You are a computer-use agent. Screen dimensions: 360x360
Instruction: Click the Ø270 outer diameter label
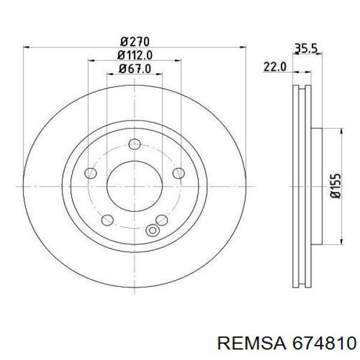(135, 41)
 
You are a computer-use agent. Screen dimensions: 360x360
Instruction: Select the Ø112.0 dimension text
(135, 55)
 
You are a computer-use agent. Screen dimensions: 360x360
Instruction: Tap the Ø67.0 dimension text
(135, 68)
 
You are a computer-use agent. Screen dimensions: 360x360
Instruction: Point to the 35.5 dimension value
(306, 49)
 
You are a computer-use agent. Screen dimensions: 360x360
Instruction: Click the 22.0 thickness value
(275, 67)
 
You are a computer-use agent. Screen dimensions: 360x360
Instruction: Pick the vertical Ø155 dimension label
(335, 186)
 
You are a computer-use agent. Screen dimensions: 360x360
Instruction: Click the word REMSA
(251, 343)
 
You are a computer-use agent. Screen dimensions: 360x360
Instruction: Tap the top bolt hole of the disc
(135, 144)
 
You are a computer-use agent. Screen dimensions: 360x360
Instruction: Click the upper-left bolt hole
(91, 173)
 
